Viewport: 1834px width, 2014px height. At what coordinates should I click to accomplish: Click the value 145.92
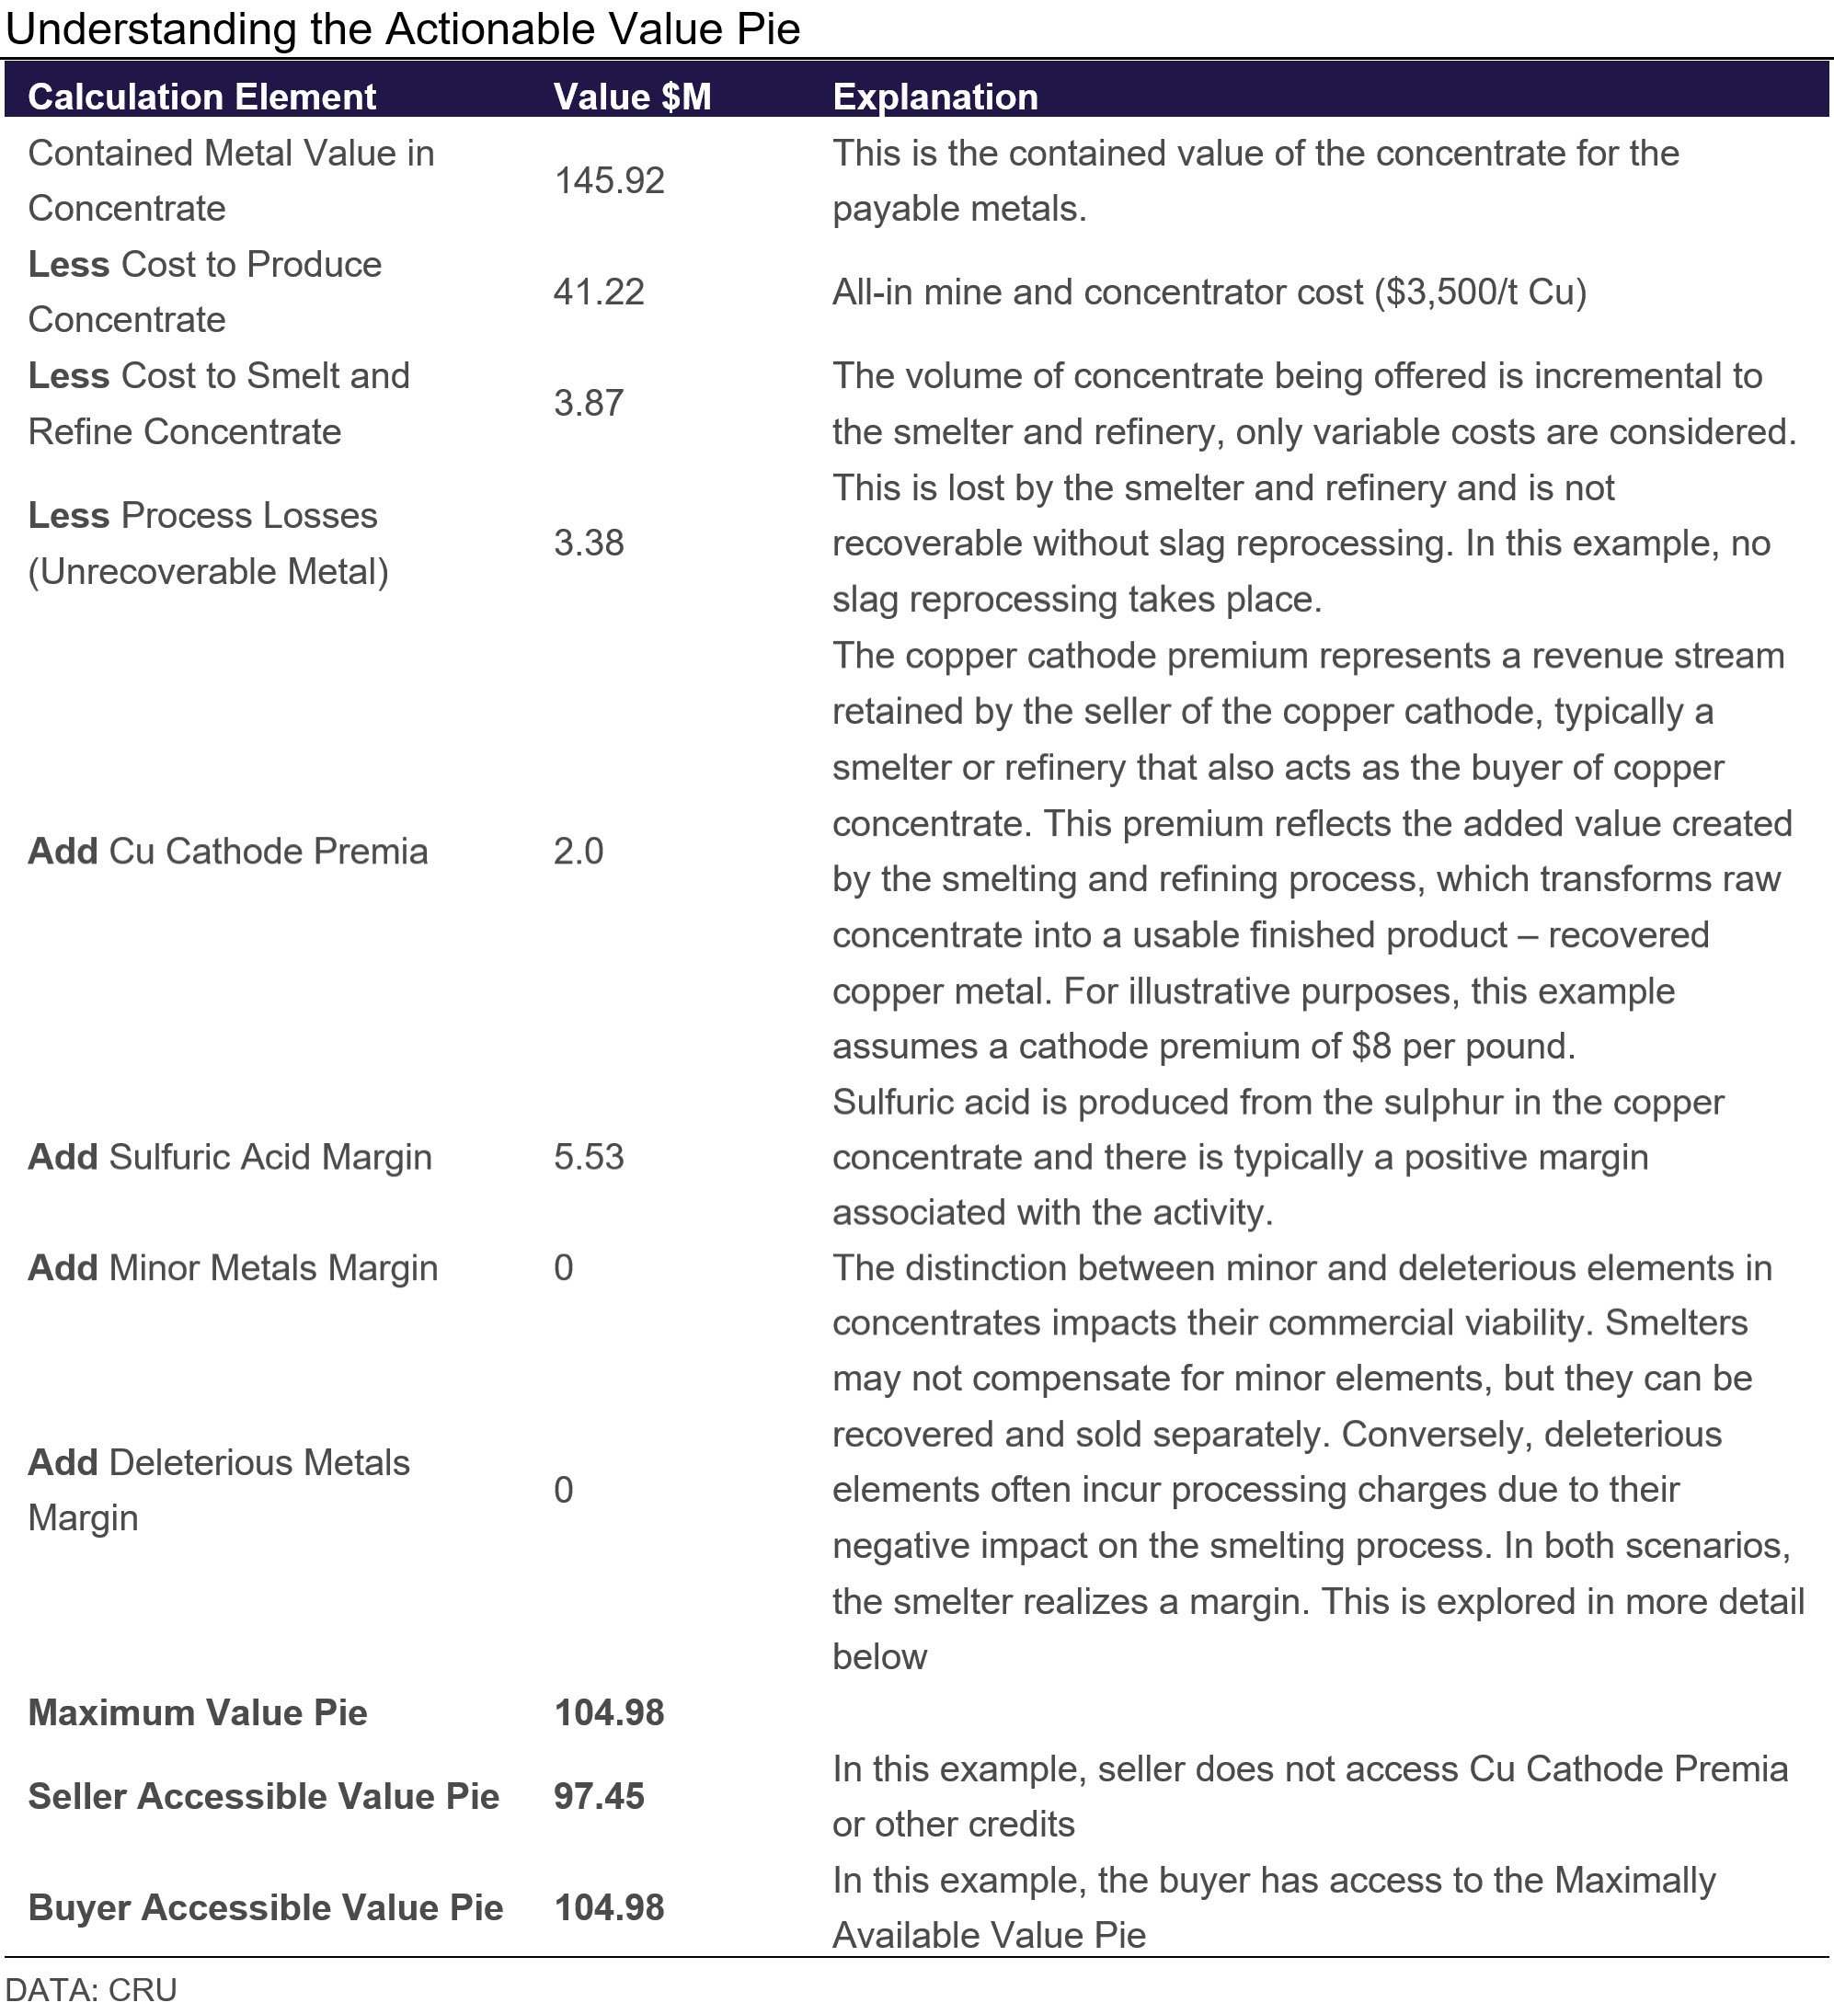point(608,181)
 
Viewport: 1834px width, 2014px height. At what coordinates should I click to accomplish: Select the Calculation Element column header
point(201,97)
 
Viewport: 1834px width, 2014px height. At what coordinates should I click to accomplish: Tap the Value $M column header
point(631,97)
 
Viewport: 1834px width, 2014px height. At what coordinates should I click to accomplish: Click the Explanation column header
point(935,97)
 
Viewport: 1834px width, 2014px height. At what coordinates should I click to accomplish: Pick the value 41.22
point(599,292)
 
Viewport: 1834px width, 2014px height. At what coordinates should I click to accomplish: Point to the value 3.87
point(589,403)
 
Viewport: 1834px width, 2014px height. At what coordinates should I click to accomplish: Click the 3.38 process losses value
point(589,543)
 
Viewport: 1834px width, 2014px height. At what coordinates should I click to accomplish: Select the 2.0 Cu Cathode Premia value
point(579,852)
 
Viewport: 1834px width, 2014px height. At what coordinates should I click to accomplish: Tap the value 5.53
point(589,1157)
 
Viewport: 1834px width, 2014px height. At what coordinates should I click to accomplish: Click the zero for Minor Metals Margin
point(564,1268)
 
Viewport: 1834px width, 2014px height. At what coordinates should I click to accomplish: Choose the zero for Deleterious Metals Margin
point(564,1490)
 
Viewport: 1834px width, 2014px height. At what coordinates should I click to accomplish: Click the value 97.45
point(600,1796)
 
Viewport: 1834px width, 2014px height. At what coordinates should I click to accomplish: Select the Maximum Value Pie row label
point(198,1712)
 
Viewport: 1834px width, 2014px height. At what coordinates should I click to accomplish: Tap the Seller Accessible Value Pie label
point(264,1796)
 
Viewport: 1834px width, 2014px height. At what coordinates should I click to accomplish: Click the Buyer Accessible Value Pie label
point(266,1907)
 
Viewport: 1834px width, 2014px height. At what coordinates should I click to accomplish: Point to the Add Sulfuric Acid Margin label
point(230,1157)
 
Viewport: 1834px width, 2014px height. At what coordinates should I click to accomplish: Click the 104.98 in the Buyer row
point(608,1907)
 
